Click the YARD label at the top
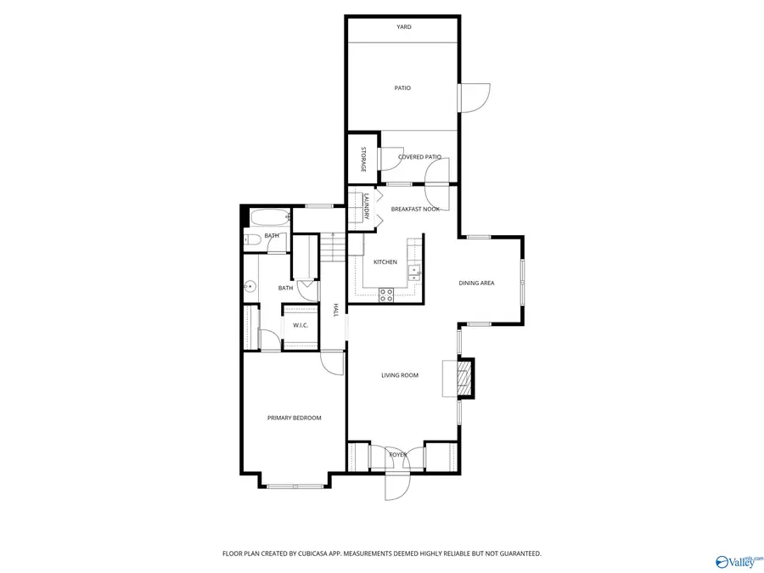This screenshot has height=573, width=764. click(x=404, y=27)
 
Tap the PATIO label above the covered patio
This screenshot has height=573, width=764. click(x=402, y=87)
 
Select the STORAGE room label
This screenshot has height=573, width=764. click(x=363, y=160)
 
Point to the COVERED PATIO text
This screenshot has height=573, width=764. click(x=419, y=157)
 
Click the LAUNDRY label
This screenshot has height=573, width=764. click(x=366, y=207)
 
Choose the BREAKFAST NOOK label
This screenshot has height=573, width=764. click(x=415, y=209)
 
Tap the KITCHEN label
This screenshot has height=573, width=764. click(x=385, y=262)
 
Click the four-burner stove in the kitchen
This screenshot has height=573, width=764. click(x=386, y=295)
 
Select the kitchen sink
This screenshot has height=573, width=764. click(x=413, y=272)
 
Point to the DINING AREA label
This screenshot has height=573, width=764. click(x=476, y=284)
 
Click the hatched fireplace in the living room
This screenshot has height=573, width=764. click(x=463, y=379)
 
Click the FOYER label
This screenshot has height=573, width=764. click(x=397, y=455)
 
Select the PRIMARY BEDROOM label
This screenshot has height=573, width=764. click(x=295, y=418)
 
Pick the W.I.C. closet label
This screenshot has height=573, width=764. click(x=301, y=325)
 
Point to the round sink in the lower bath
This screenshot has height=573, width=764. click(x=250, y=287)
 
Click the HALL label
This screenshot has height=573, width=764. click(x=336, y=310)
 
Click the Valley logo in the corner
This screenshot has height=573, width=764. click(x=739, y=561)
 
